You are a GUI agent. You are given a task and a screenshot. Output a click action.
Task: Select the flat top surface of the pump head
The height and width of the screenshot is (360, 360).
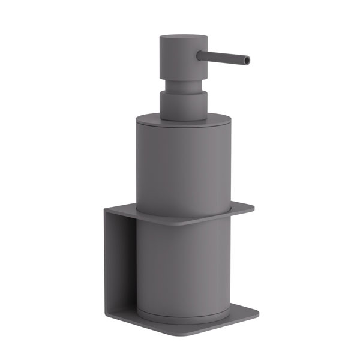tap(183, 38)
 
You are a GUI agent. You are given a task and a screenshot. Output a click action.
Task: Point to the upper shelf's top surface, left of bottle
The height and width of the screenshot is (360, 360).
tap(123, 211)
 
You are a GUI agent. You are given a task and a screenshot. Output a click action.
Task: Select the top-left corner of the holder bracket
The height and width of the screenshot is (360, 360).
tap(106, 209)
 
